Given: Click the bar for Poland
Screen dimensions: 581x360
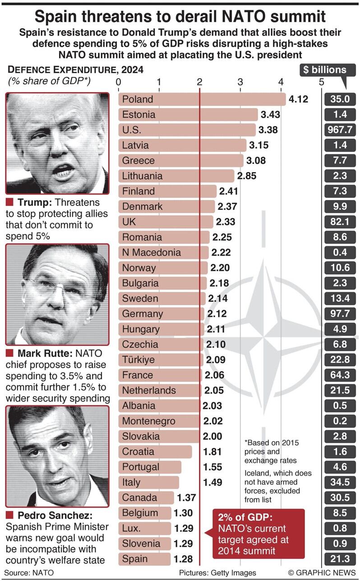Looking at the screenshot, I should coord(202,99).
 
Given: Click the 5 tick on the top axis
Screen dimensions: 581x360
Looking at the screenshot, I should coord(321,82).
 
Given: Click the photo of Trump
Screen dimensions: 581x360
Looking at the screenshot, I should coord(57,143).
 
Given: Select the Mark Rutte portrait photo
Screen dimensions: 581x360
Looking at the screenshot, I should coord(57,294).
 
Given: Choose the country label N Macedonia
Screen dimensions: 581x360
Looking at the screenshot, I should coord(151,253).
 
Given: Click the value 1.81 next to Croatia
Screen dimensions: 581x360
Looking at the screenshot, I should coord(212,451).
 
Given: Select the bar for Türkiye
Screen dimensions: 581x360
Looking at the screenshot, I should coord(161,360).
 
